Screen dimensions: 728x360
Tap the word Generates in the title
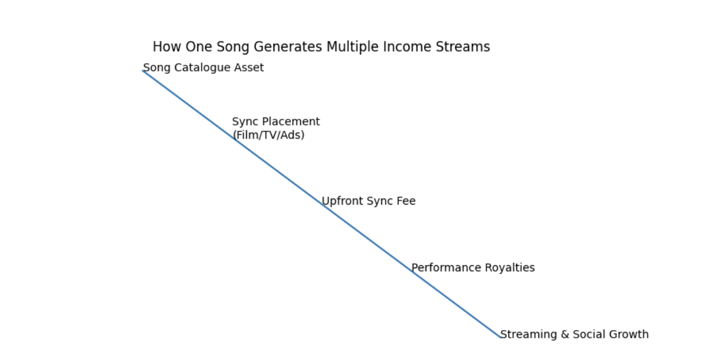(x=288, y=47)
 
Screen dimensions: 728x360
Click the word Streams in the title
(x=463, y=47)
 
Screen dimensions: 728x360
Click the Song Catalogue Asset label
(x=203, y=68)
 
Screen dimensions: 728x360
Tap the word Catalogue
(x=202, y=68)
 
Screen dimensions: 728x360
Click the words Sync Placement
(x=276, y=122)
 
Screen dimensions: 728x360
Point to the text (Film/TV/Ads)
(x=269, y=135)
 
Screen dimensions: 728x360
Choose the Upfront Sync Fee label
(x=369, y=201)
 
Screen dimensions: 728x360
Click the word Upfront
(x=343, y=201)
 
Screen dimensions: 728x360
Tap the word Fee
(x=407, y=201)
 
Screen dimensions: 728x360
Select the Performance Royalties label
(x=473, y=268)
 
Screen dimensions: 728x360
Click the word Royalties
(x=510, y=268)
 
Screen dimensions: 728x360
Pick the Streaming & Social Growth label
(x=574, y=334)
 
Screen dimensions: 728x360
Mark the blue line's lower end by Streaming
(x=501, y=338)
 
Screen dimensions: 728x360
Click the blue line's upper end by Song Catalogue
(x=143, y=71)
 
